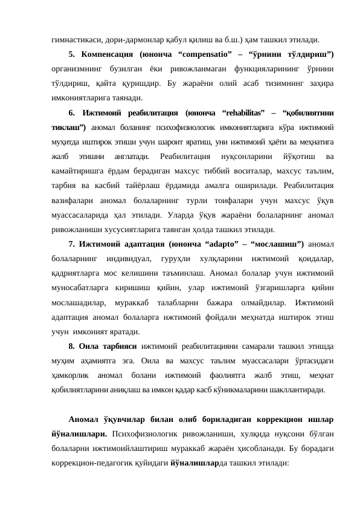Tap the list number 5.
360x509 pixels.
click(72, 54)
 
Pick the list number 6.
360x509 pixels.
click(72, 113)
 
